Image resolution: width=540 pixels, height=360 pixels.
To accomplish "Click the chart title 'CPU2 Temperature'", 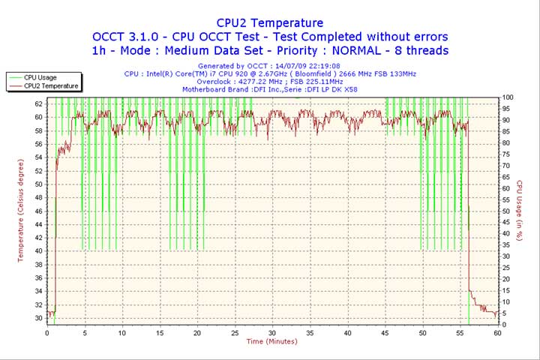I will [270, 23].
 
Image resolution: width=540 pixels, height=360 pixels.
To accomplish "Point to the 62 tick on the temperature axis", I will [39, 104].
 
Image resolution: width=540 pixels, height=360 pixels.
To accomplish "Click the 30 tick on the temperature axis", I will [39, 318].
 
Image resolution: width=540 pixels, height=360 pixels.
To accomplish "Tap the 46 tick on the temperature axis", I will [39, 211].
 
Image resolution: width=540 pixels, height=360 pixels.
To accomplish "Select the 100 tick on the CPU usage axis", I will [508, 97].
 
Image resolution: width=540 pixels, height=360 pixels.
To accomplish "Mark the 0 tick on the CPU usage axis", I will [504, 325].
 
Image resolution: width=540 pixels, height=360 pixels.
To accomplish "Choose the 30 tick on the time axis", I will [272, 333].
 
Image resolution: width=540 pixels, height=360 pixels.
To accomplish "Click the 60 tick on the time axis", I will [497, 333].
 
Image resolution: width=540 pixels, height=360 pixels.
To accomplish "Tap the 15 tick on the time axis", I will [159, 333].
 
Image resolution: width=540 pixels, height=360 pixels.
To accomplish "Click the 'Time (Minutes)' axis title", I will [271, 342].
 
